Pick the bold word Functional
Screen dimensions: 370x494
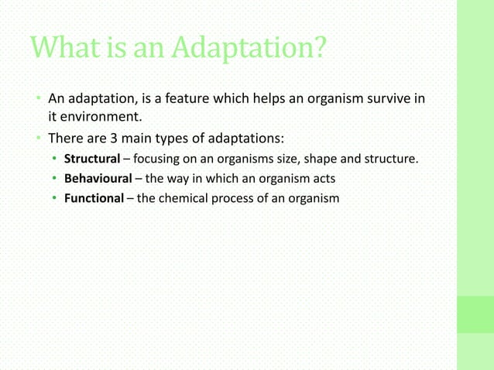coord(93,198)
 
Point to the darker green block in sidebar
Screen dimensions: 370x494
coord(475,314)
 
